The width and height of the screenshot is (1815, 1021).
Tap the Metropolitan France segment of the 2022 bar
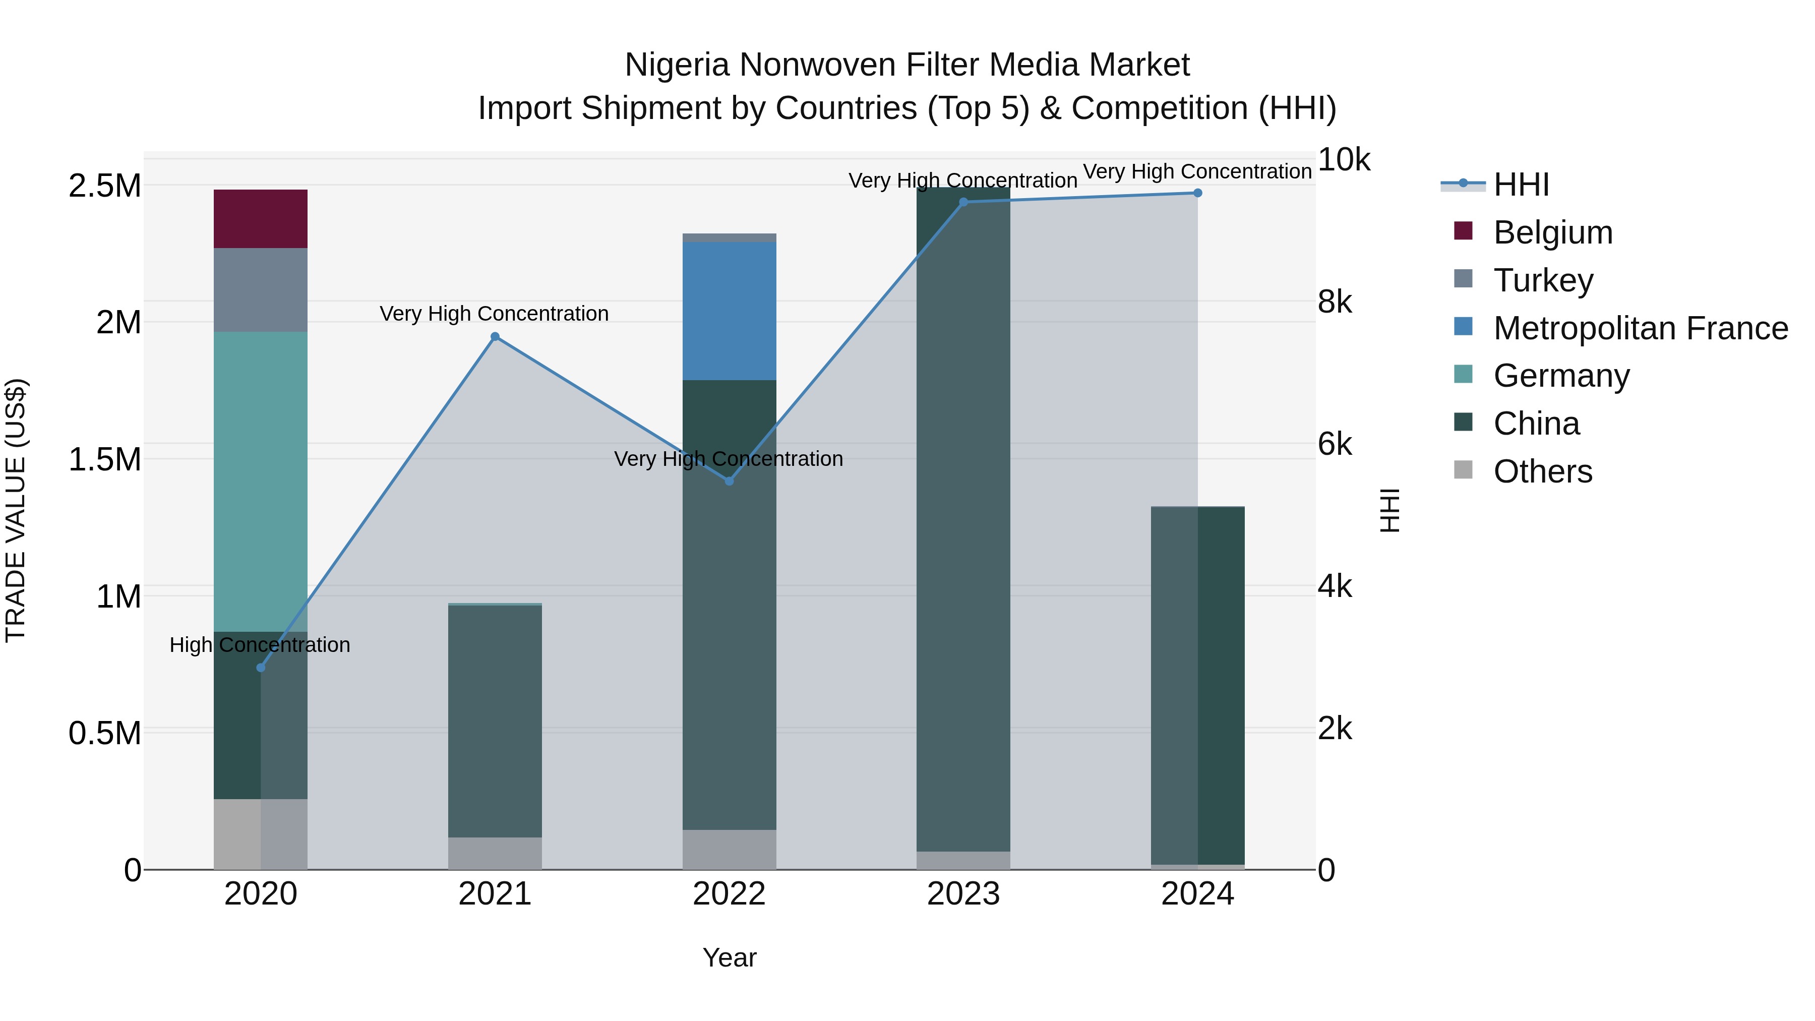click(729, 311)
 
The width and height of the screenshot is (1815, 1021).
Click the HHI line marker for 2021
click(495, 337)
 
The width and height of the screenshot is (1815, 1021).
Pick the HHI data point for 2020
click(261, 667)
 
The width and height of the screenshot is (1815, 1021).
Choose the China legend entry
click(1536, 424)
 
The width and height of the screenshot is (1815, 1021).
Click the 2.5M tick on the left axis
click(104, 186)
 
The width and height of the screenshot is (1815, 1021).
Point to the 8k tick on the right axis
click(1335, 303)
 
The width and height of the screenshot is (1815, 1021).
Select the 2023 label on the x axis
click(963, 894)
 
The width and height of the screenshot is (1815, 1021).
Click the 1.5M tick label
click(104, 459)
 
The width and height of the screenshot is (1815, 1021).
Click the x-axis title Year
click(729, 957)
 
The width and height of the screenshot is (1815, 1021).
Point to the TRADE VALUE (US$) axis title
click(16, 510)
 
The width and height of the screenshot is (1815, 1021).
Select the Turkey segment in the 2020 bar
click(260, 289)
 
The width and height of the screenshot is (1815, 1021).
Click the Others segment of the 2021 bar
click(495, 853)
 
